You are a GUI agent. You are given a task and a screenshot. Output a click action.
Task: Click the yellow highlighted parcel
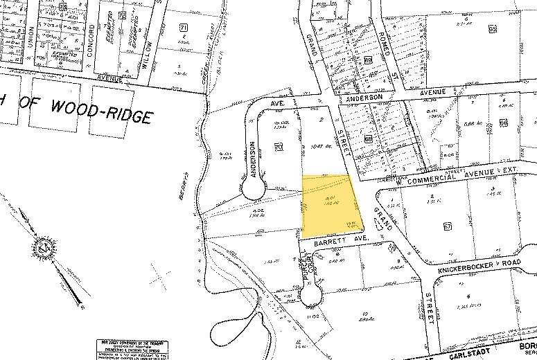tap(330, 206)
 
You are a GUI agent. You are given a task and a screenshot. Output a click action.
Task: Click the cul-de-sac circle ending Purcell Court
tap(311, 297)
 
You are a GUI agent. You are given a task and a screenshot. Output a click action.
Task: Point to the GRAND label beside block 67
tap(383, 219)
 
